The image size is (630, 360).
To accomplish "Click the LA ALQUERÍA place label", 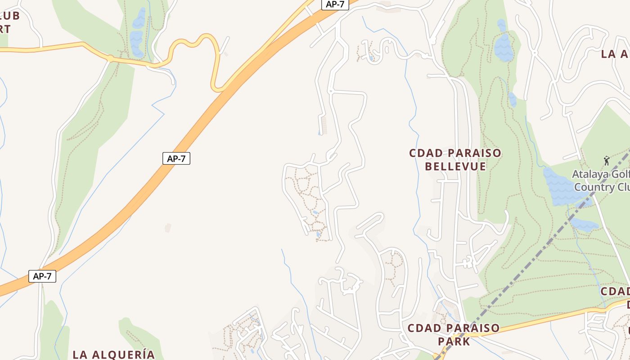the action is (113, 354).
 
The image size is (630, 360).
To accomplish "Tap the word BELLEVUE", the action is (455, 166).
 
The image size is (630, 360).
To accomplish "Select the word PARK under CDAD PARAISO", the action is (454, 342).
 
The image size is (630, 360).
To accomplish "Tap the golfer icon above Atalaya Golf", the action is (607, 160).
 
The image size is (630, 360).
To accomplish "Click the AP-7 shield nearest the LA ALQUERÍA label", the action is (42, 276).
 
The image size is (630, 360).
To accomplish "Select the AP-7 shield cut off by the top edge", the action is (335, 4).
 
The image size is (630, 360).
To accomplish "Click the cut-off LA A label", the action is (615, 54).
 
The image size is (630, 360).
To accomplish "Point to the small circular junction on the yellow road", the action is (110, 58).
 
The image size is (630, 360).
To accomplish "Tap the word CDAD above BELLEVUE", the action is (423, 153).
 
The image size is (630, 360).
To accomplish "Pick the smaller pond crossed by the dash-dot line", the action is (584, 224).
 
